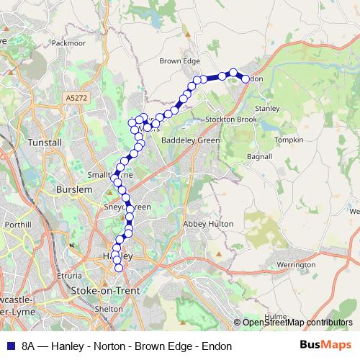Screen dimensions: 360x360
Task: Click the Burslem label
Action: click(73, 189)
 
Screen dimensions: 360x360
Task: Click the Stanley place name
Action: click(266, 108)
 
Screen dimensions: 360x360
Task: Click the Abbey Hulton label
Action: click(209, 224)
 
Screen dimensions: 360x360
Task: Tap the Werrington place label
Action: click(296, 265)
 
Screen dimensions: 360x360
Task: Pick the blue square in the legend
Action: click(10, 346)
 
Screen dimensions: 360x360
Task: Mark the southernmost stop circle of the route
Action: click(119, 269)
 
